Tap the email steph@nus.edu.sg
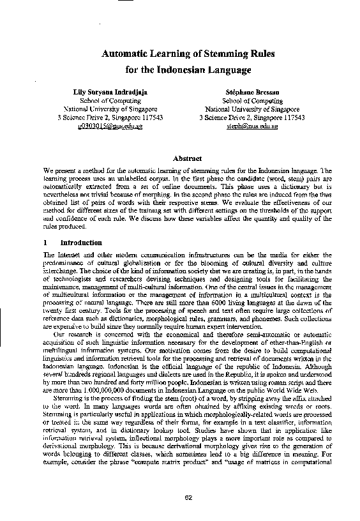click(x=252, y=126)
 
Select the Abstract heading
click(x=188, y=158)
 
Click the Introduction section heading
click(x=80, y=243)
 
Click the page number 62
click(x=188, y=497)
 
